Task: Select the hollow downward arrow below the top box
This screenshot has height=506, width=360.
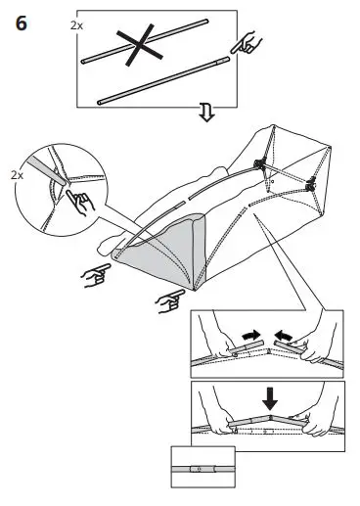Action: [x=205, y=116]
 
